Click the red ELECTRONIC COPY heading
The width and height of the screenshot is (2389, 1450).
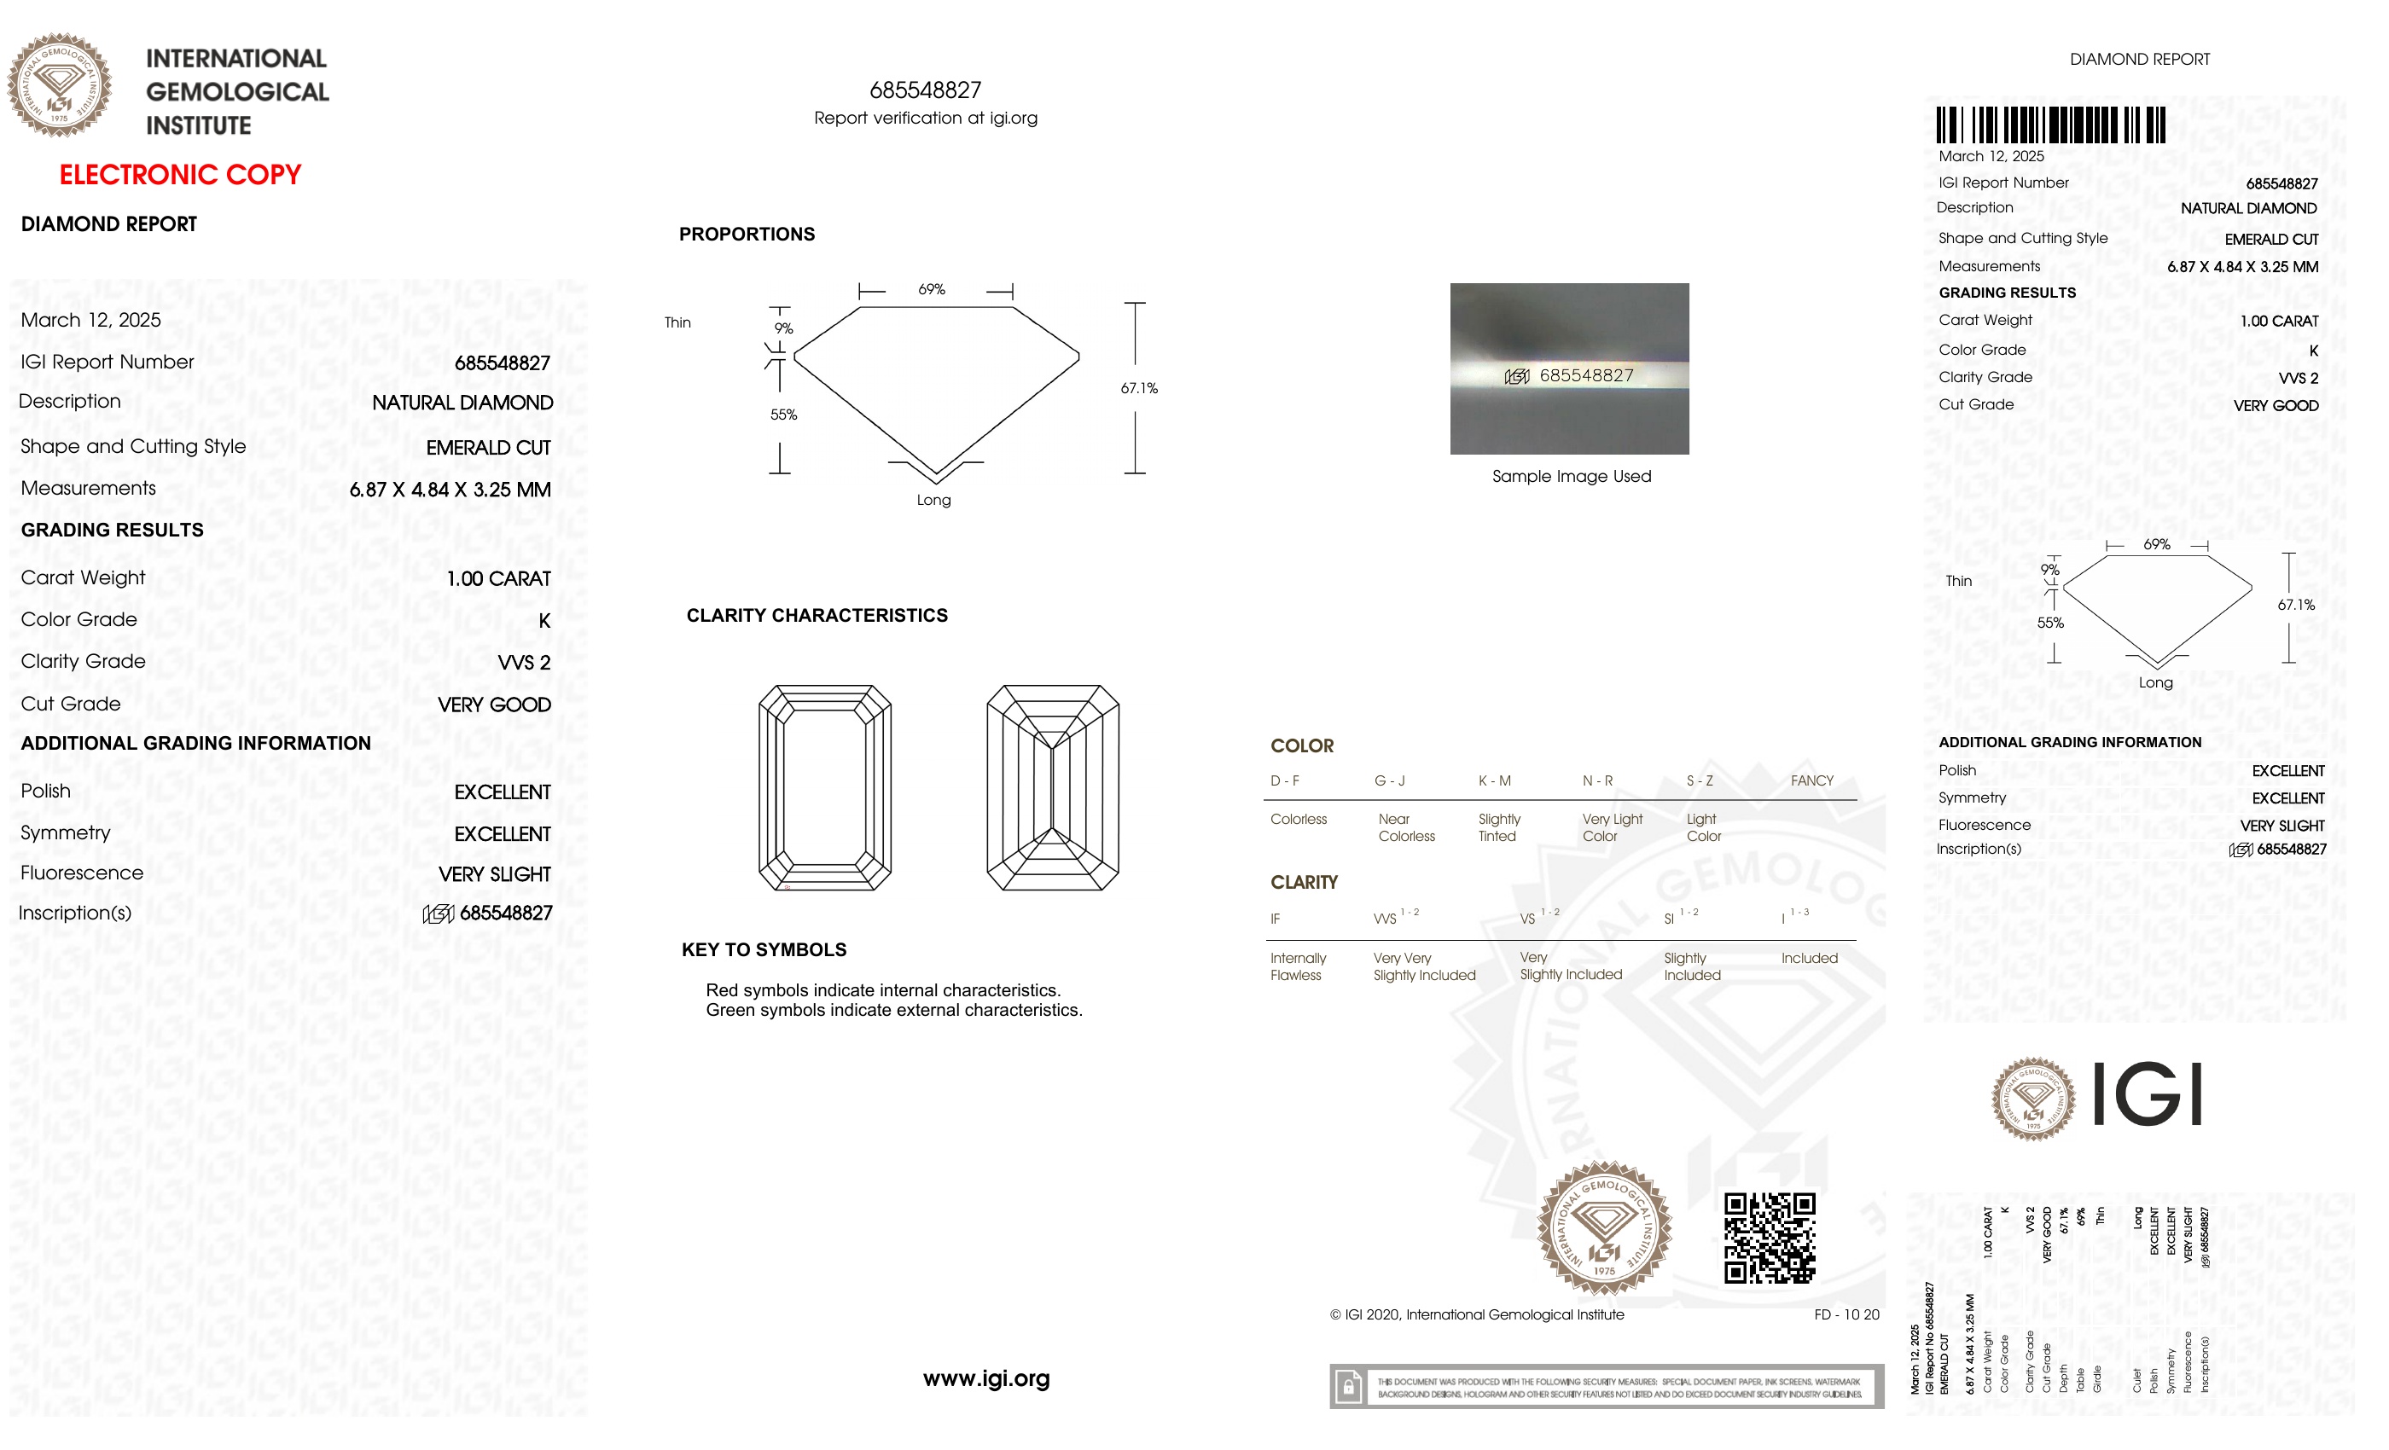[x=180, y=175]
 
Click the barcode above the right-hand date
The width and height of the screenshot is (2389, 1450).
[x=2049, y=125]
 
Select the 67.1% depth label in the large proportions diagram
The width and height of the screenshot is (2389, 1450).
[x=1138, y=388]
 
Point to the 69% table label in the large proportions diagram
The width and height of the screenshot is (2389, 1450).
[x=931, y=289]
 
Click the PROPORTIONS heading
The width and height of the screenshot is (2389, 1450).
[x=747, y=234]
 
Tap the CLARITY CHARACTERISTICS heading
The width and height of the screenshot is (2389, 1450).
[x=817, y=616]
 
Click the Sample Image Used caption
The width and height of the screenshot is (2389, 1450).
[x=1571, y=476]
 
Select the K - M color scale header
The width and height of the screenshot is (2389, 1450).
[x=1494, y=780]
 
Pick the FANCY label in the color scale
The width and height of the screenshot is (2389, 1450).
[x=1811, y=780]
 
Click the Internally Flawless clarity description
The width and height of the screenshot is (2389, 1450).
[x=1297, y=966]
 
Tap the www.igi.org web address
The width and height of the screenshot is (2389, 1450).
[x=985, y=1377]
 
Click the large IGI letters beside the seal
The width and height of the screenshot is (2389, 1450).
[x=2147, y=1094]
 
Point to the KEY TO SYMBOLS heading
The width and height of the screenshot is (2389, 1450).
[x=764, y=950]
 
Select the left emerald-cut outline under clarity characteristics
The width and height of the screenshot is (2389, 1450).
[x=824, y=787]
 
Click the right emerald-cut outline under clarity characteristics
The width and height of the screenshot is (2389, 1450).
[x=1052, y=787]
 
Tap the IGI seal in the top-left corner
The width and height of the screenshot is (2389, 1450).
[x=59, y=85]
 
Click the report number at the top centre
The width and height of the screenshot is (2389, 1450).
[x=925, y=90]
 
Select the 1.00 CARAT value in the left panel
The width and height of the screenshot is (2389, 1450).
[x=498, y=578]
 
